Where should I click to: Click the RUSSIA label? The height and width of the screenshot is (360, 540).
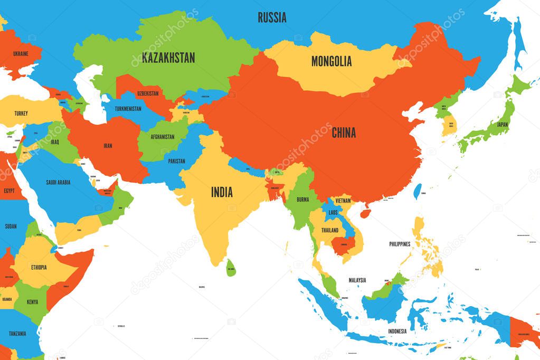click(x=272, y=17)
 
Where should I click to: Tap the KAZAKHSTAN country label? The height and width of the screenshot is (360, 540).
click(x=168, y=58)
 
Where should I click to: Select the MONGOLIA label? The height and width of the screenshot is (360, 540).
click(x=331, y=61)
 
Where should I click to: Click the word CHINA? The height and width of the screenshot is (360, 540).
click(x=343, y=132)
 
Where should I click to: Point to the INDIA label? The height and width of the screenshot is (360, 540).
click(x=222, y=192)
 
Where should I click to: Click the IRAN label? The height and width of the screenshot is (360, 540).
click(x=107, y=145)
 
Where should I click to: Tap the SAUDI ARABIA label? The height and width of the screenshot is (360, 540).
click(x=58, y=182)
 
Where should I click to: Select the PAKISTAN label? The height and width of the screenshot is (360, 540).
click(x=176, y=161)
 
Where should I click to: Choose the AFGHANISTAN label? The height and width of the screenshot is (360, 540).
click(x=162, y=137)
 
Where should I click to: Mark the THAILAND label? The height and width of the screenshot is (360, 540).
click(x=330, y=230)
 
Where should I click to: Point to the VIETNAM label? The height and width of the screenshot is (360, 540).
click(x=343, y=201)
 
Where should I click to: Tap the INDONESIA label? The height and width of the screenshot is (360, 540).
click(x=397, y=331)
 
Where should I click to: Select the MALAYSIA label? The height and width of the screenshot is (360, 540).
click(x=357, y=280)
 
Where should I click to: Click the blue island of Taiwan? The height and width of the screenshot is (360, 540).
click(x=419, y=191)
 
